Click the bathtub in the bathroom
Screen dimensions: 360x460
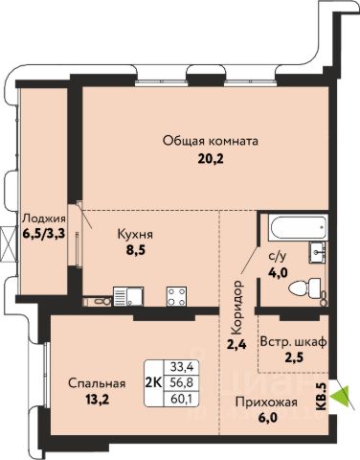(x=299, y=227)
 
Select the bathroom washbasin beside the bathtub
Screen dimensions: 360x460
(x=317, y=252)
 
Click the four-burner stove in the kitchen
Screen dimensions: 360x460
(x=176, y=296)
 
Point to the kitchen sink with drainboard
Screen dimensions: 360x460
(x=128, y=296)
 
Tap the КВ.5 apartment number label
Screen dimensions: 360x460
(x=323, y=397)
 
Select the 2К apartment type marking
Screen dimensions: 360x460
(x=153, y=382)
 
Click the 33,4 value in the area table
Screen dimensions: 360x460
(x=181, y=367)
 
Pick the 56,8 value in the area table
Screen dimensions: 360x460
(x=181, y=382)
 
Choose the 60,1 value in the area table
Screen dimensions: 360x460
(x=181, y=398)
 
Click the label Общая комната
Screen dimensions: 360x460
(x=211, y=141)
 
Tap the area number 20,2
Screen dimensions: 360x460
(x=211, y=159)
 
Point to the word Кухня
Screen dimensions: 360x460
(x=135, y=235)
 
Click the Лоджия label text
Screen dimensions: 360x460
(x=44, y=218)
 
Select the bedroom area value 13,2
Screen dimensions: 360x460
(x=98, y=400)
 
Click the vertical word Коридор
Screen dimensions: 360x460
(x=237, y=308)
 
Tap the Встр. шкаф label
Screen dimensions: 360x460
(x=293, y=342)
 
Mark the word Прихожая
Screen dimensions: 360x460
(x=266, y=402)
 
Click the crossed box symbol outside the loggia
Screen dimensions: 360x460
(x=8, y=244)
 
